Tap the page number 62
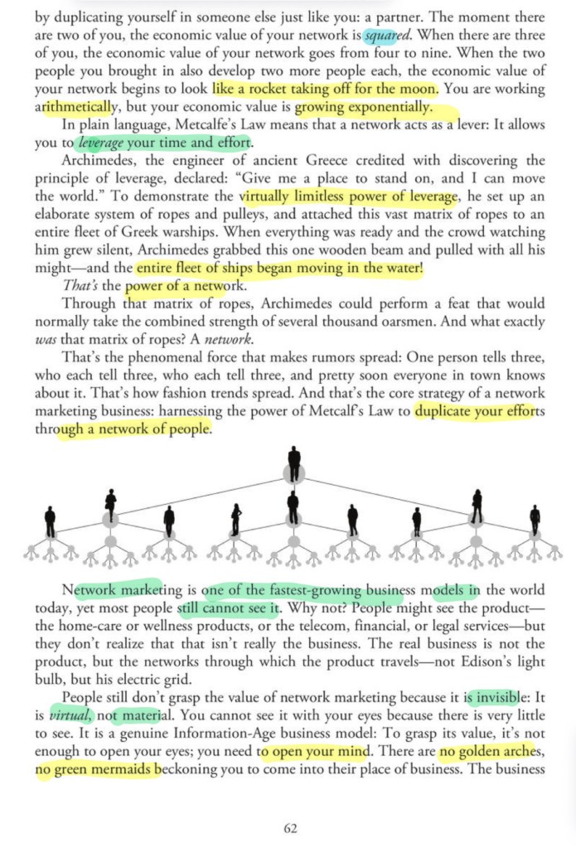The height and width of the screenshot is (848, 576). click(x=289, y=826)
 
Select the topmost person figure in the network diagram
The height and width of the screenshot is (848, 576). click(x=294, y=463)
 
